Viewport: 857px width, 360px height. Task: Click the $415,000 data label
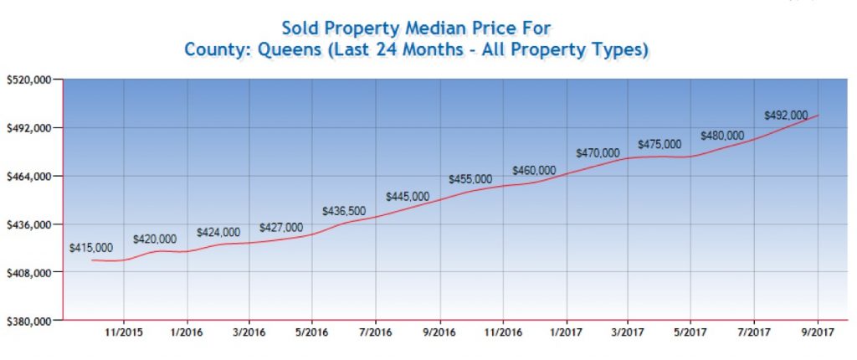91,248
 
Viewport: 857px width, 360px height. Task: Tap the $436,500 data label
343,210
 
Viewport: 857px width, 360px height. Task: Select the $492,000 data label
786,116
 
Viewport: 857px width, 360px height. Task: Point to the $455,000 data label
470,179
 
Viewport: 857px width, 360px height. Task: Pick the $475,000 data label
659,144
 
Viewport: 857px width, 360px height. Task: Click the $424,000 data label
218,232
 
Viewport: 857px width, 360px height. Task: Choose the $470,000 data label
598,153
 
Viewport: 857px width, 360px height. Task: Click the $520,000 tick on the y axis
29,80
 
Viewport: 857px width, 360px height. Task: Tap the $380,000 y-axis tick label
29,321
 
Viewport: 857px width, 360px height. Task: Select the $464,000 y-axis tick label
29,176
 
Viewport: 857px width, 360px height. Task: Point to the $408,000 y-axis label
29,273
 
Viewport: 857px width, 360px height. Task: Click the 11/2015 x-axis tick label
124,333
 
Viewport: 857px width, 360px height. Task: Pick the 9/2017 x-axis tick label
817,333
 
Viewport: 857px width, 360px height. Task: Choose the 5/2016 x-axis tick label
312,333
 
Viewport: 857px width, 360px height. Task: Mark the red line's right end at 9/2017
818,115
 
